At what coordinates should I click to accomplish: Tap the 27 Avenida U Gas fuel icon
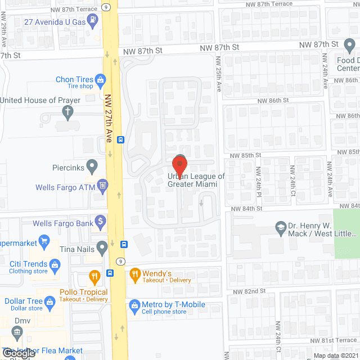point(93,22)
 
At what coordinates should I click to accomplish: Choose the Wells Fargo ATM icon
point(102,185)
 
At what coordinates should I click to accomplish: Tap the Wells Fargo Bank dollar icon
point(101,221)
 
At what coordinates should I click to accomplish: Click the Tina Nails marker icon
point(102,246)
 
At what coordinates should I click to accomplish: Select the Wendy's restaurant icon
point(134,276)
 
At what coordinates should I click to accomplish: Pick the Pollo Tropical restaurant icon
point(94,276)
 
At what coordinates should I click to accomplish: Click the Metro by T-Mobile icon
point(134,305)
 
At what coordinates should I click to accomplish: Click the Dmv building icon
point(17,332)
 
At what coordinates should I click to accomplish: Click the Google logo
point(18,353)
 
